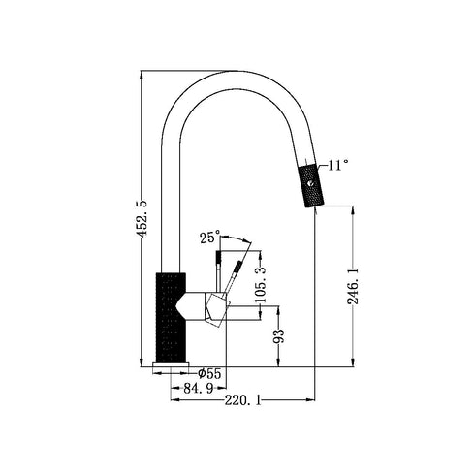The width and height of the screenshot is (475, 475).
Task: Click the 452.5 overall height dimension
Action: coord(142,218)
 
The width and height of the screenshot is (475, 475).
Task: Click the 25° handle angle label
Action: coord(209,237)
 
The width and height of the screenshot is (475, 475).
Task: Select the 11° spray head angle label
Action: coord(339,165)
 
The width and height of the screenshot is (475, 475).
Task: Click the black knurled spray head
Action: coord(309,183)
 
